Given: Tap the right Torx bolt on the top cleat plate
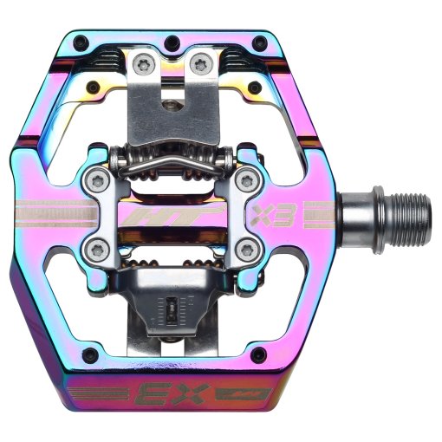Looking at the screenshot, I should pyautogui.click(x=202, y=62).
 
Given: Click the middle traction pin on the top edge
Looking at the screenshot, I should pyautogui.click(x=169, y=40).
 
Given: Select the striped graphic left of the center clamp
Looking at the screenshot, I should pyautogui.click(x=61, y=213).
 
